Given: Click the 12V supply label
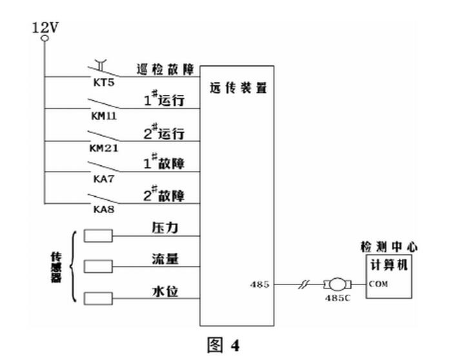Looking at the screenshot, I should [45, 28].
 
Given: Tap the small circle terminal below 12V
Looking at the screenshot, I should [45, 39].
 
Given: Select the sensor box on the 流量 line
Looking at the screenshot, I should [98, 266].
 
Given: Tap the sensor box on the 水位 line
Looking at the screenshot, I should [98, 297].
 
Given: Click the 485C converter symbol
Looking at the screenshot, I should [336, 284].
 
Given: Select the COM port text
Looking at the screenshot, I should [379, 284].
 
